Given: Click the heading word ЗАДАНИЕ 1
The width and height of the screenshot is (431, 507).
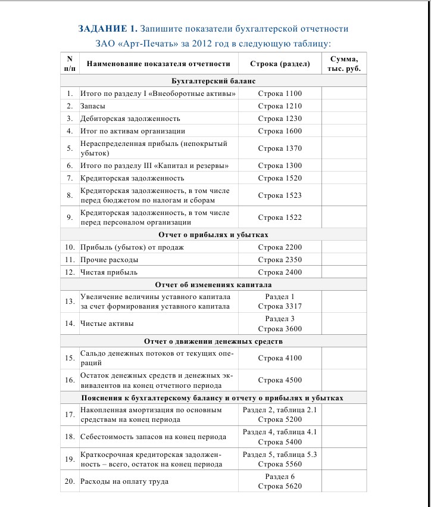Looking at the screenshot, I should click(108, 29).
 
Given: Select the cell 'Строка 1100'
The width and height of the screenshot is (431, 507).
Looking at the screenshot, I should click(280, 94).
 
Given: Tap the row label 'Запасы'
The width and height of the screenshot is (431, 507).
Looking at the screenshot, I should click(93, 106).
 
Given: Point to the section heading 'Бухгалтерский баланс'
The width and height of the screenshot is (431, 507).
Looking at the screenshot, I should click(213, 81).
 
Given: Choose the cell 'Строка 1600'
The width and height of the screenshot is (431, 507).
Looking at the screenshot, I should click(280, 131).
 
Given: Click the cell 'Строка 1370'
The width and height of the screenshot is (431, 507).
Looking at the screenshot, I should click(280, 148).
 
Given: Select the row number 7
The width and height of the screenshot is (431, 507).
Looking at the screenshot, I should click(70, 178).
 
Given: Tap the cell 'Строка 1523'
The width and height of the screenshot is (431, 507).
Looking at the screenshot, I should click(280, 195).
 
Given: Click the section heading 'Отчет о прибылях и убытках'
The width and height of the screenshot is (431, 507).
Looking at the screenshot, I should click(213, 235).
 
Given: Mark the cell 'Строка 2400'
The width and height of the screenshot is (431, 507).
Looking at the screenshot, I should click(280, 272).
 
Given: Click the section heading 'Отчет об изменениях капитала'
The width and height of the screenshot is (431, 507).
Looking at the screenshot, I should click(213, 285).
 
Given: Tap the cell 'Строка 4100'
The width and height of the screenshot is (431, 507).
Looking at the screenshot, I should click(280, 358).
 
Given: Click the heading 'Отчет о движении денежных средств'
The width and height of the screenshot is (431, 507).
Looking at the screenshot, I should click(213, 341).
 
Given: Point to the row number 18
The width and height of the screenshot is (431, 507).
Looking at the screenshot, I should click(70, 437).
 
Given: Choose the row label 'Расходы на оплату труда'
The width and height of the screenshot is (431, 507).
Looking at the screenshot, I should click(124, 481).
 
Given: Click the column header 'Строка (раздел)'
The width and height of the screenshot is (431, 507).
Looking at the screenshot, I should click(280, 63).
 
